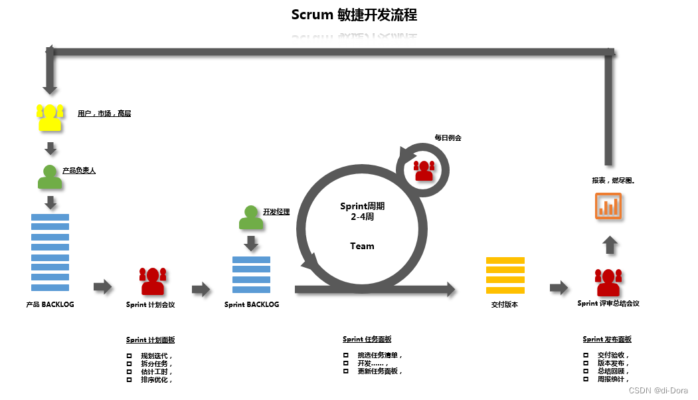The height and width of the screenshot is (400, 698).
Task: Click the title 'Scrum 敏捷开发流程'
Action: pos(354,15)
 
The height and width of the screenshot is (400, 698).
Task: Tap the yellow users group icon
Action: pos(50,118)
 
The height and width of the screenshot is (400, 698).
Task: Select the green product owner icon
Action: pos(50,177)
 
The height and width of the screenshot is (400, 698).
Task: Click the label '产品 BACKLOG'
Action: pos(50,304)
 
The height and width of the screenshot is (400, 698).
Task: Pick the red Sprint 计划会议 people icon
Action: pos(152,281)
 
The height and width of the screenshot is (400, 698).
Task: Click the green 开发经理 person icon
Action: pos(250,217)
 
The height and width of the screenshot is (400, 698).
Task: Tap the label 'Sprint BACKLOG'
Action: pos(252,304)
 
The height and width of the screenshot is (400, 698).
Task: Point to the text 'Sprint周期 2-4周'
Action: pos(362,211)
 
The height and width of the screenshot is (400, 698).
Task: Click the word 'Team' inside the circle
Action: pos(362,246)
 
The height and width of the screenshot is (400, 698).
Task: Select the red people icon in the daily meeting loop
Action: pos(423,170)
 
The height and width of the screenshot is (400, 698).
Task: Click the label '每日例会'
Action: pos(448,138)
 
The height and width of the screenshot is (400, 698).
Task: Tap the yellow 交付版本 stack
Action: pos(505,274)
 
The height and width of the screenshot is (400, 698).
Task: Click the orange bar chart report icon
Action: pos(608,206)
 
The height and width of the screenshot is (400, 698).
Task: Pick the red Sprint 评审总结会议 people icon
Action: pos(608,282)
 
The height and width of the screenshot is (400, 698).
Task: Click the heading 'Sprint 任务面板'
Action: pos(367,340)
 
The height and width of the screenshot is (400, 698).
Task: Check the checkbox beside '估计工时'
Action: pos(130,372)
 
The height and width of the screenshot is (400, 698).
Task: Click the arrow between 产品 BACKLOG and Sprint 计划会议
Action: pos(103,286)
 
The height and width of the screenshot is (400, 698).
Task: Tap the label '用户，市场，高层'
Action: pos(104,114)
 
